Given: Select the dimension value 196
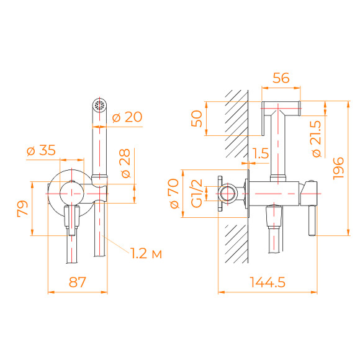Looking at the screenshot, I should pos(339,168).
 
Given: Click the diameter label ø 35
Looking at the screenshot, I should pos(42,150).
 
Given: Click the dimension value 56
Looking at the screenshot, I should pos(282,77).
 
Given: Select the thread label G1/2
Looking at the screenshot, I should pos(196,193).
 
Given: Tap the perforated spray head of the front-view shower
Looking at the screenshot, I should pos(98,104).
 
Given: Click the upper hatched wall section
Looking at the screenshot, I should pos(236,124).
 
